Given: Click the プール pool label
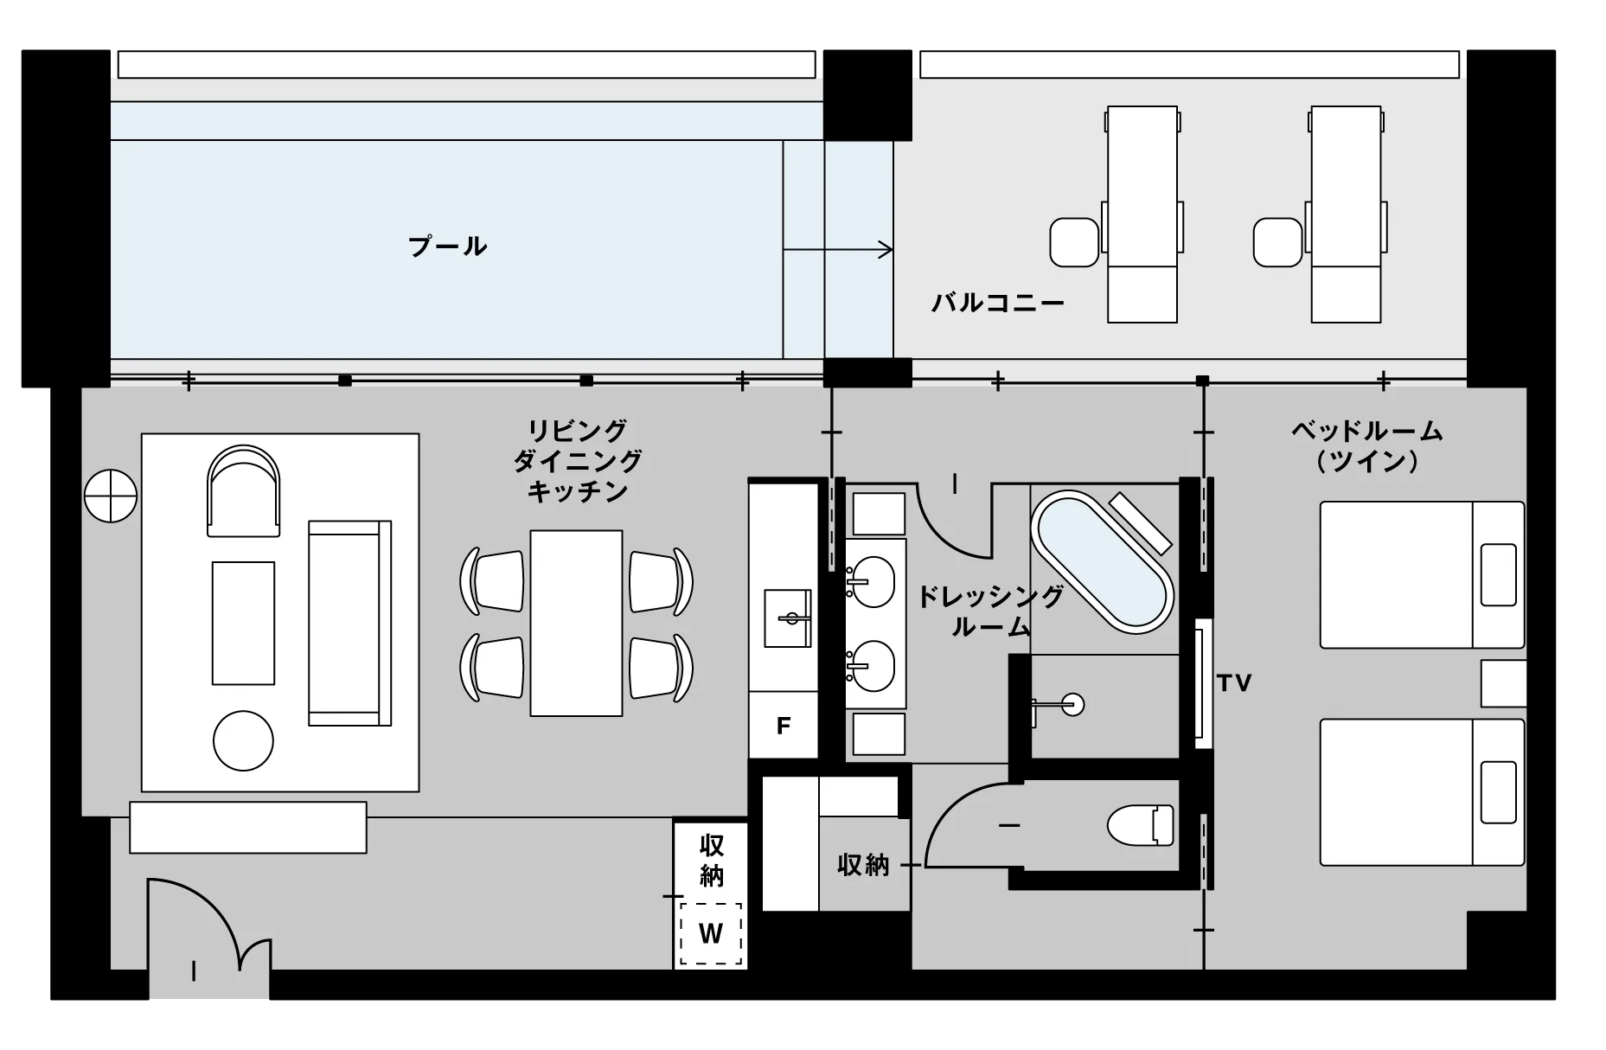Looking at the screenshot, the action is click(x=447, y=246).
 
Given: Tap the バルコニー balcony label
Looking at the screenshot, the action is click(x=997, y=303).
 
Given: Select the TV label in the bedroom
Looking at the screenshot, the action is click(x=1234, y=683).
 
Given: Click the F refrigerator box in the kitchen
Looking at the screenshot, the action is click(x=784, y=726).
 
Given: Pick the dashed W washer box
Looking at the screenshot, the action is click(x=711, y=934).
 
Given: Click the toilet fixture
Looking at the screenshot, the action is click(x=1140, y=824).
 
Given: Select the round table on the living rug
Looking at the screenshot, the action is click(x=243, y=740).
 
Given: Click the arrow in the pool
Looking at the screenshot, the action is click(x=837, y=251).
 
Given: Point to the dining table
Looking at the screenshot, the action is click(x=576, y=623).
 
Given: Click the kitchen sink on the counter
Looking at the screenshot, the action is click(x=788, y=618).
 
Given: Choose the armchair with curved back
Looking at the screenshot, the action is click(x=244, y=491).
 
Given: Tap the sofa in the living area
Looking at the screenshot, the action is click(x=350, y=623).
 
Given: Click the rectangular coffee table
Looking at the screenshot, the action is click(x=244, y=624).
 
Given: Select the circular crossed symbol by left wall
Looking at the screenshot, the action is click(x=111, y=496).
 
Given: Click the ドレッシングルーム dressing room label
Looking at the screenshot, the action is click(x=990, y=611).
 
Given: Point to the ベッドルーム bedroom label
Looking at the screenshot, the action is click(x=1366, y=445).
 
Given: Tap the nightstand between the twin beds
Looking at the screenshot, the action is click(x=1503, y=683).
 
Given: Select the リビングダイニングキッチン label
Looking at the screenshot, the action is click(x=578, y=460).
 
